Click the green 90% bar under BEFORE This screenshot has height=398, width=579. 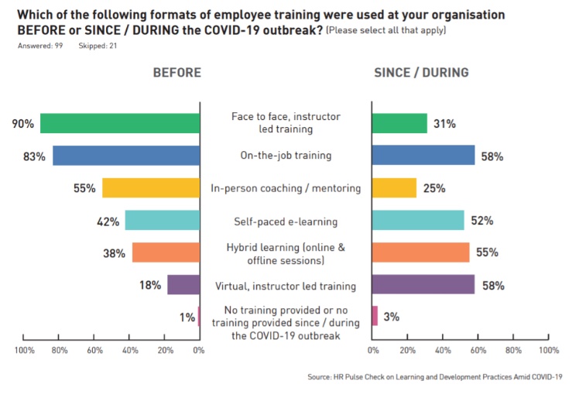(x=120, y=123)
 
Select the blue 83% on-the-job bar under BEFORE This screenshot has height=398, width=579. (x=126, y=155)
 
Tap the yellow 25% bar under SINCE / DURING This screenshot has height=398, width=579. (x=394, y=188)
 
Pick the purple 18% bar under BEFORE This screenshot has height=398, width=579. (x=183, y=285)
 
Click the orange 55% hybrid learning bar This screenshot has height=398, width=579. (x=420, y=252)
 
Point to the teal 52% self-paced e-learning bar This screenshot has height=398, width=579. (x=418, y=221)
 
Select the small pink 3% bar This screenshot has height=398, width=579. (x=375, y=316)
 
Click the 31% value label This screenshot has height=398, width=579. (x=444, y=124)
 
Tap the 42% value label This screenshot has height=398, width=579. (x=108, y=221)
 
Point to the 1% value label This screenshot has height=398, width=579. (x=185, y=317)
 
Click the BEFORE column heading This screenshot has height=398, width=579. (x=176, y=73)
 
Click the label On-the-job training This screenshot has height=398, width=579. (x=286, y=156)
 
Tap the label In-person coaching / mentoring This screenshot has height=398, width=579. (x=286, y=188)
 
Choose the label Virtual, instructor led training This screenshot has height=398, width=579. (x=286, y=286)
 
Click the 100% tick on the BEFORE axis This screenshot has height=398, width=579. (x=24, y=351)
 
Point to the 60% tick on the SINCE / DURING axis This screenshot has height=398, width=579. (x=478, y=351)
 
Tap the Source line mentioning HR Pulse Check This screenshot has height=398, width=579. (x=434, y=378)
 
